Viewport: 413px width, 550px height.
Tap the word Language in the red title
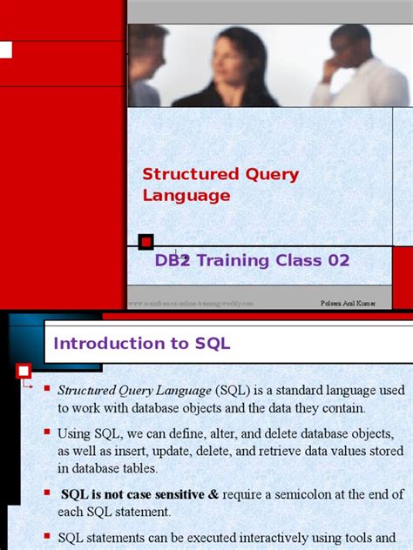186,196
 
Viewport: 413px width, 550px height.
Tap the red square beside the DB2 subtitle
146,241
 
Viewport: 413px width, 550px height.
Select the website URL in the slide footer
192,304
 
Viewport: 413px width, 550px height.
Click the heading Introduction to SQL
142,343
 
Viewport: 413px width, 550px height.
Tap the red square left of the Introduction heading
24,372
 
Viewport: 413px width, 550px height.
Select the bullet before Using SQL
49,431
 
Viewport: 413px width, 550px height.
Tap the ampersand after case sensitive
213,494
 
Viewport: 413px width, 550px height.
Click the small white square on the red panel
5,49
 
